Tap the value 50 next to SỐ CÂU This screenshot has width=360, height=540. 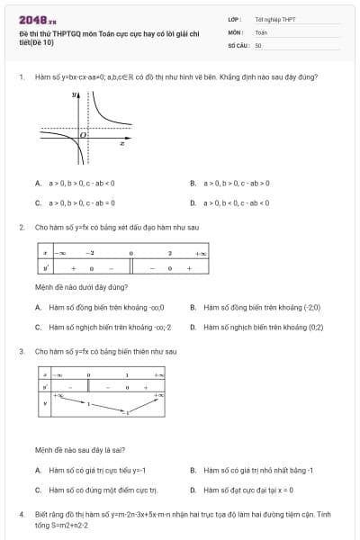pos(258,44)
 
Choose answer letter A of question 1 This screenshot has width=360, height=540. pos(38,183)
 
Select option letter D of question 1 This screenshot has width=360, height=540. pos(193,202)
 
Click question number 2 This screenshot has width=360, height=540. pos(21,227)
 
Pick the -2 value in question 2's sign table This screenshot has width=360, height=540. pos(91,254)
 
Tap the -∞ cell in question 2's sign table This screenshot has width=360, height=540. pos(61,254)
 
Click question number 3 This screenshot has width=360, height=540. pos(21,351)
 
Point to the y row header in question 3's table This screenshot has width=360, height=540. pos(44,403)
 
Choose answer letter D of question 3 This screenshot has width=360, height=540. pos(193,490)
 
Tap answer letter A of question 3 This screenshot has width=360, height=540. pos(38,470)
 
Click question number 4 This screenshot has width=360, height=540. pos(21,514)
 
